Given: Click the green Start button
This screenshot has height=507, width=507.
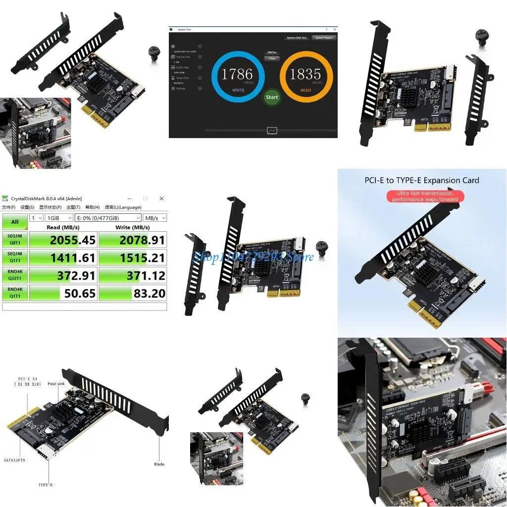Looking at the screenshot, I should [272, 97].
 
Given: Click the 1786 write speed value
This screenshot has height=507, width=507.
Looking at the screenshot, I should [237, 74].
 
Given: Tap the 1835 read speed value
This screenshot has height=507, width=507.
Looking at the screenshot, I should [305, 74].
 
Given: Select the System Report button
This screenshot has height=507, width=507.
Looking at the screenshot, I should [324, 38].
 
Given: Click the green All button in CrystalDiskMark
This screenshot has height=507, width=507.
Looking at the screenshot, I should [15, 221].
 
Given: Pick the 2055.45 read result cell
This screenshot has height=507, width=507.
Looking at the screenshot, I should [63, 240].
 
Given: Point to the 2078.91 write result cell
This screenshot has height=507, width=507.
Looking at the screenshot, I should [133, 240].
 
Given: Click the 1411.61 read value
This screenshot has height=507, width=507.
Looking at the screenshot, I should [63, 257].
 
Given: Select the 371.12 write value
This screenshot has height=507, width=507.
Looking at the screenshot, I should [133, 275].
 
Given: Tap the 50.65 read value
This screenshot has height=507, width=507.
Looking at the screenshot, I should [63, 293].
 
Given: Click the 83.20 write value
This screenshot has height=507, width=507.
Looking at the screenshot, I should [133, 293].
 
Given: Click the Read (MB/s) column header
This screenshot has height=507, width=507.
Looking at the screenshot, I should [63, 227].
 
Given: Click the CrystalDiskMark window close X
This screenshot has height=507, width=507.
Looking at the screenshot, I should [161, 199].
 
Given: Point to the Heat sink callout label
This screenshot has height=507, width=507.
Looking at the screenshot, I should [55, 384].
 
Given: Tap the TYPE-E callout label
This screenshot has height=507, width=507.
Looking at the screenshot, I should [45, 485].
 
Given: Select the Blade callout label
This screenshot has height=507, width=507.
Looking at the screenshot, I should [159, 464].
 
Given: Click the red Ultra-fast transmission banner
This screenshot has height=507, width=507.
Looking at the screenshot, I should [425, 196].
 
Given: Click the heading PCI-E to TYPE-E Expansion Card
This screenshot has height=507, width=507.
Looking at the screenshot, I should [422, 180].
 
